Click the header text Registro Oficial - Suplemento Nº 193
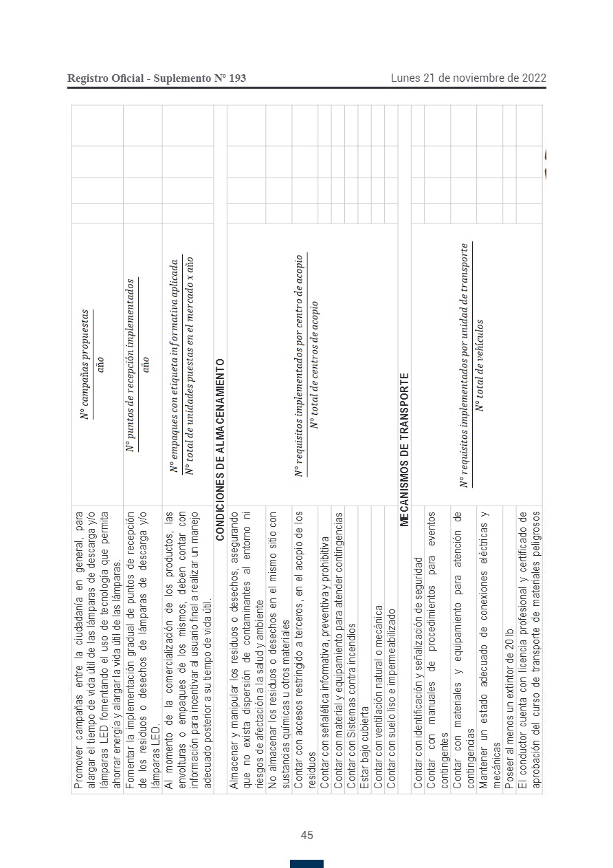tap(157, 78)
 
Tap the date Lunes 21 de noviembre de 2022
tap(469, 78)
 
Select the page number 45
tap(306, 835)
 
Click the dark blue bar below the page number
tap(306, 863)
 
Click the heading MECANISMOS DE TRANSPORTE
tap(405, 449)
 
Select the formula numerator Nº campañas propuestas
tap(86, 365)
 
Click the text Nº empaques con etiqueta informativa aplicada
tap(175, 365)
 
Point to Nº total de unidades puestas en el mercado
tap(190, 365)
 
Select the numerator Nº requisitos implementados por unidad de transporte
tap(465, 365)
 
